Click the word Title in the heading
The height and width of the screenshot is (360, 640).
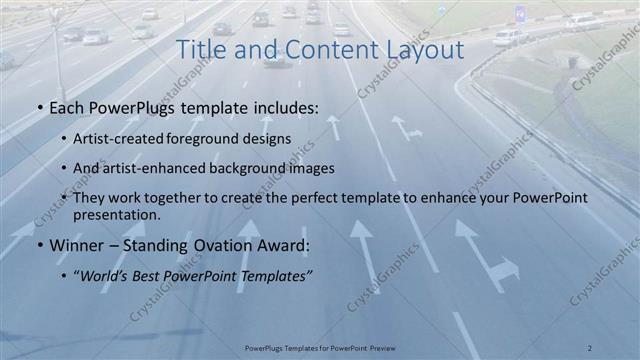(200, 49)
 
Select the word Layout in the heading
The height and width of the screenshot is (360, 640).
(420, 49)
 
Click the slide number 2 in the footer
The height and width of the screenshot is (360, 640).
(590, 347)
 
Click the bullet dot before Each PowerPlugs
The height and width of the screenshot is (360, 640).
(39, 107)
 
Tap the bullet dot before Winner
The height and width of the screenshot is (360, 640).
(39, 246)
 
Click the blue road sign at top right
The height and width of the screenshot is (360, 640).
(519, 12)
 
